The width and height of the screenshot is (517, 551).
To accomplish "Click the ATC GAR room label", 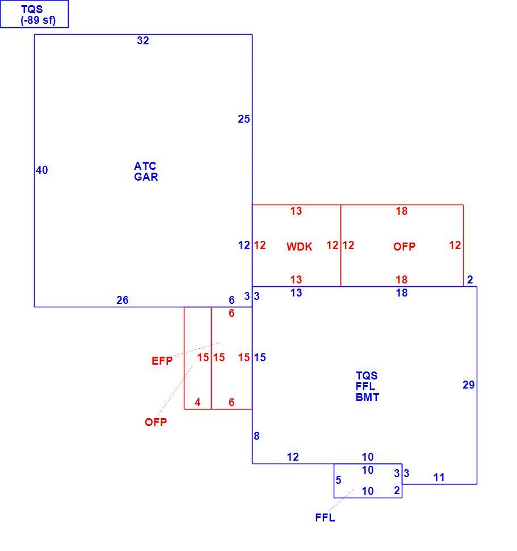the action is tap(146, 171).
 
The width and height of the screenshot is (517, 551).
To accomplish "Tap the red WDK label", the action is tap(299, 247).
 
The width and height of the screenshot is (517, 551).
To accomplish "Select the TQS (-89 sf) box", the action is tap(35, 14).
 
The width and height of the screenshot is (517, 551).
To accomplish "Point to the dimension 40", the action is tap(42, 170).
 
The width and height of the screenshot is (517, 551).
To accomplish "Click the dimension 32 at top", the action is tap(143, 40).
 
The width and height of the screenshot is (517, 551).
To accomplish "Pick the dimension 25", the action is tap(244, 119).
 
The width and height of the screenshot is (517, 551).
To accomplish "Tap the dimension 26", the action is tap(123, 300).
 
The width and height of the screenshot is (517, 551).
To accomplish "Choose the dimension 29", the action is tap(469, 385).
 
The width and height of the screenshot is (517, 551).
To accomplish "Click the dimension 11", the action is tap(439, 477).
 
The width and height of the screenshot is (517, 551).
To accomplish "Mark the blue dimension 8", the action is tap(257, 436).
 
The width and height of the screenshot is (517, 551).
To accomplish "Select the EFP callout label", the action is tap(162, 361).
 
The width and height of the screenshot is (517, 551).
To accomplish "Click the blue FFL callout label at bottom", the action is tap(325, 517).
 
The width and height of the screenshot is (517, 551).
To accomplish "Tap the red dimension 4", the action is tap(197, 402).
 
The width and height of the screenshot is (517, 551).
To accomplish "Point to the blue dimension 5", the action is tap(338, 480).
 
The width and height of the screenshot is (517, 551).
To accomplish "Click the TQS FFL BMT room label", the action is tap(367, 386).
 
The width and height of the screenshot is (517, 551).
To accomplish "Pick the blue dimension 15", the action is tap(260, 357).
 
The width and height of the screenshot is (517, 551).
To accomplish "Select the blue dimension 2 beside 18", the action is tap(470, 279).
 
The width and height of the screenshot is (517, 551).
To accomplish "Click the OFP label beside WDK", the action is tap(404, 247).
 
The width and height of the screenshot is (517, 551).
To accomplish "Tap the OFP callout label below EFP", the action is tap(156, 422).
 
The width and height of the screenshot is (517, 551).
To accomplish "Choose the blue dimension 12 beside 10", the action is tap(293, 457).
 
